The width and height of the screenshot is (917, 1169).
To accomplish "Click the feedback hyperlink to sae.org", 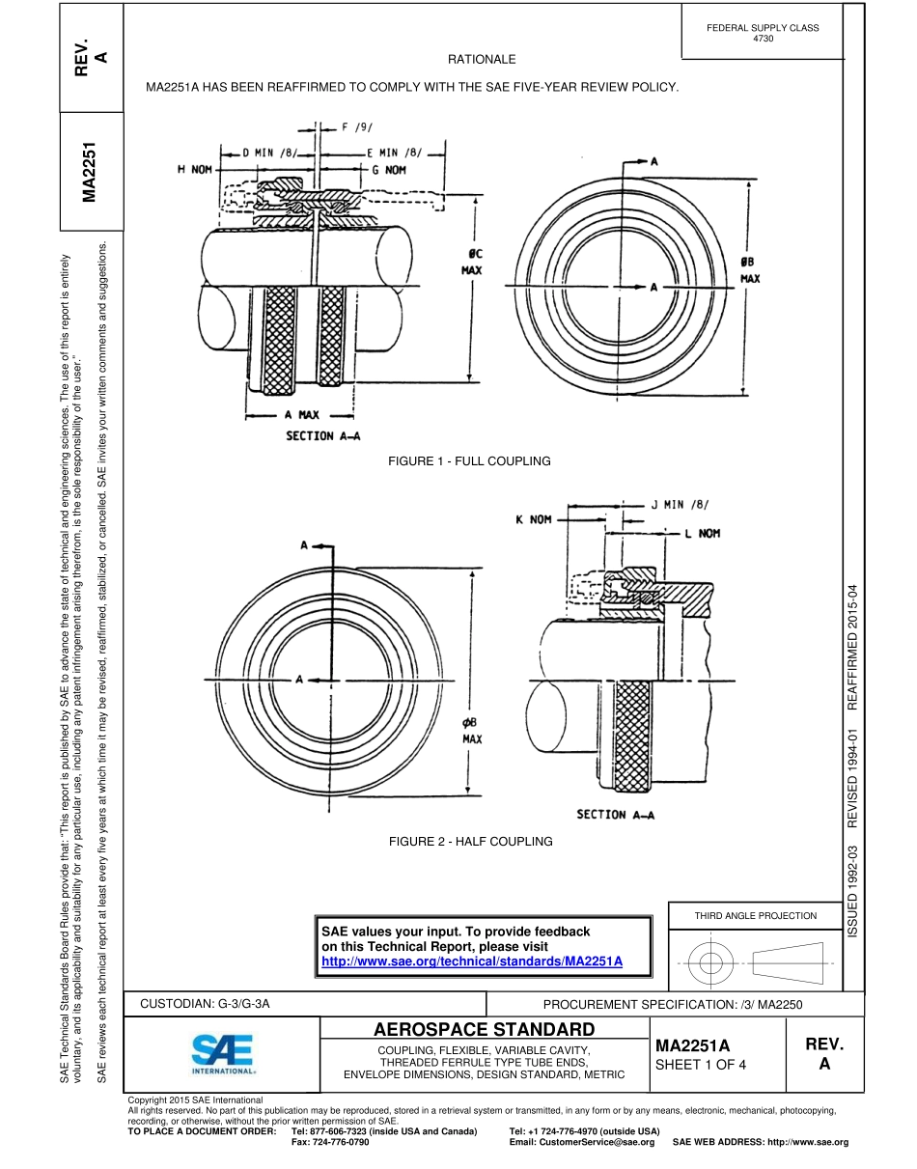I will point(472,961).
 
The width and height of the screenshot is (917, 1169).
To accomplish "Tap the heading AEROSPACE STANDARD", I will point(485,1029).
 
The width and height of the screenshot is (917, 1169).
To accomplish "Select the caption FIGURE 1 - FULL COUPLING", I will point(469,461).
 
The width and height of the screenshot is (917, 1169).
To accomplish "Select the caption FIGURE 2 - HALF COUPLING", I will point(470,842).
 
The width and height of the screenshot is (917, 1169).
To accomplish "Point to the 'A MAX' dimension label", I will point(301,415).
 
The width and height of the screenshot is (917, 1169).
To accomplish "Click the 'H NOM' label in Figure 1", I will point(194,169).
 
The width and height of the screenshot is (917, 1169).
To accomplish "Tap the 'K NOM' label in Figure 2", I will point(533,519).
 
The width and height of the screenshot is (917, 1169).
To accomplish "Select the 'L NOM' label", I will point(702,533).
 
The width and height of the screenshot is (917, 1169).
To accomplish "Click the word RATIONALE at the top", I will point(482,60).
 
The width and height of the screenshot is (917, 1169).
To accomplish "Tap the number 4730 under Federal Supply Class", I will point(763,39).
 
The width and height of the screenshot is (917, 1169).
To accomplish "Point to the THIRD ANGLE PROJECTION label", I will point(755,915).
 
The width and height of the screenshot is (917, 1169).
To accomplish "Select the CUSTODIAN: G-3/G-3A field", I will point(205,1004).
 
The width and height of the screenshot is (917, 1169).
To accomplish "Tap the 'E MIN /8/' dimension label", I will point(396,152).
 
